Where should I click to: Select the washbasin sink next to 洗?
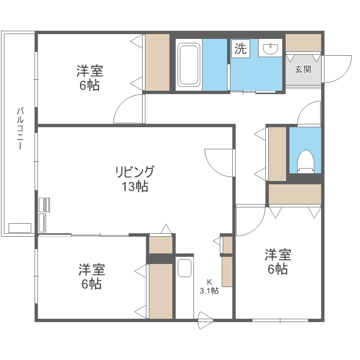pyautogui.click(x=271, y=48)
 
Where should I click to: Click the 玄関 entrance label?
pyautogui.click(x=303, y=69)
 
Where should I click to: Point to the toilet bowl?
pyautogui.click(x=305, y=160)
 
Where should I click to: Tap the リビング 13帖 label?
pyautogui.click(x=134, y=179)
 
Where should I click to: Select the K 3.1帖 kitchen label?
pyautogui.click(x=209, y=286)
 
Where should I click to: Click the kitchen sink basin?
pyautogui.click(x=185, y=268)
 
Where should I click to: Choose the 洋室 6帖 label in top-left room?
pyautogui.click(x=90, y=78)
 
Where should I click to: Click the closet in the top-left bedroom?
pyautogui.click(x=157, y=62)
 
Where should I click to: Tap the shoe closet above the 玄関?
pyautogui.click(x=303, y=43)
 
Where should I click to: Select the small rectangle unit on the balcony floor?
pyautogui.click(x=20, y=228)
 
